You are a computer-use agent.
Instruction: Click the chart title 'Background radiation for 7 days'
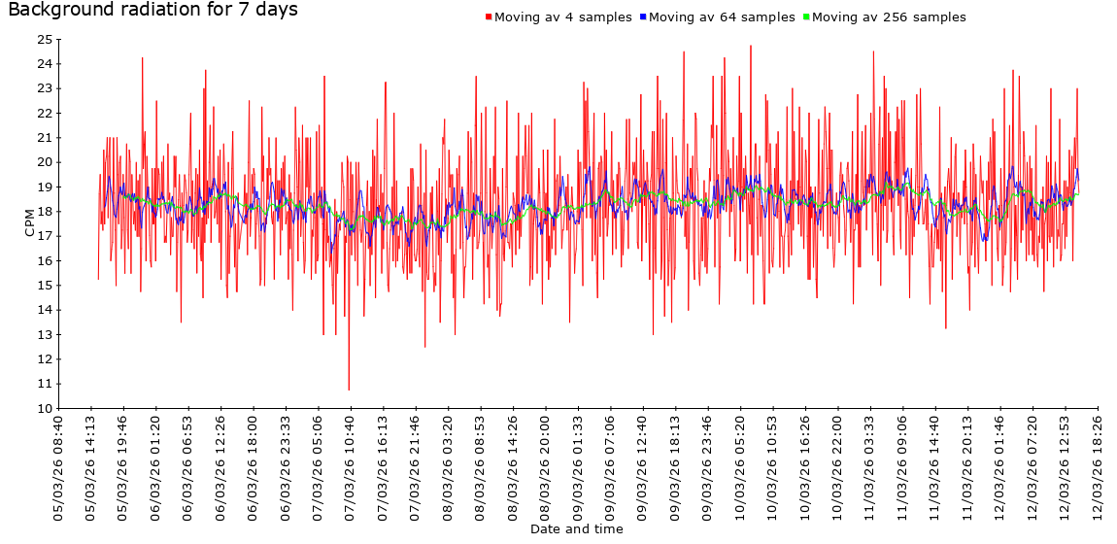[152, 11]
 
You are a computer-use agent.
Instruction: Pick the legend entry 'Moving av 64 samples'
[722, 17]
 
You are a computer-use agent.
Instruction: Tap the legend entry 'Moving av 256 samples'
[889, 17]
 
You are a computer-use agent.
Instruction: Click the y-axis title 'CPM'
[29, 223]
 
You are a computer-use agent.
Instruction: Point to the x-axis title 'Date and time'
[577, 529]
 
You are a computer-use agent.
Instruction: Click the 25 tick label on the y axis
[44, 40]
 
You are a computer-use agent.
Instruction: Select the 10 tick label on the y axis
[44, 409]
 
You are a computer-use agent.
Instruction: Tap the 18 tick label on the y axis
[44, 212]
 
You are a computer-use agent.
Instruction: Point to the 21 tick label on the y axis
[44, 138]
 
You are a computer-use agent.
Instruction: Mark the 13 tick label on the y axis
[44, 335]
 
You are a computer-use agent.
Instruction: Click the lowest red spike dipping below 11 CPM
[349, 389]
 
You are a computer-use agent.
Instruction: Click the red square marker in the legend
[489, 17]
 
